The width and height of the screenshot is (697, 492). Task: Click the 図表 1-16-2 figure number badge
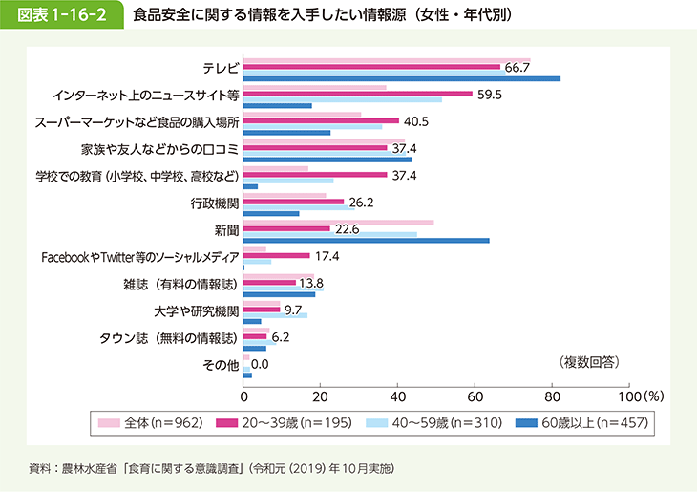click(60, 16)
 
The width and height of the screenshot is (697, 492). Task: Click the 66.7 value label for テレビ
click(517, 67)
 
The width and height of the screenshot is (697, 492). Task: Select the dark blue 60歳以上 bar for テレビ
click(402, 78)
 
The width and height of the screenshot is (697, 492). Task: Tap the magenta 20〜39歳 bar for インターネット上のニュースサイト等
click(358, 94)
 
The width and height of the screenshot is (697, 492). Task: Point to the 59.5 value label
click(490, 95)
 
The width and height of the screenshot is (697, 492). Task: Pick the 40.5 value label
click(415, 122)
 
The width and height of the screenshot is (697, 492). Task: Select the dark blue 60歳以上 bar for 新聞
click(367, 241)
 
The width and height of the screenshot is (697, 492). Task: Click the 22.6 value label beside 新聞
click(348, 230)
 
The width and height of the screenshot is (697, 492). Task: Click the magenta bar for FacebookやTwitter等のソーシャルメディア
click(277, 256)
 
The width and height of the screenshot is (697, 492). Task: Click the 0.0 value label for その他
click(260, 364)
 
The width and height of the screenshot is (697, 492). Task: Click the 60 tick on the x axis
click(475, 395)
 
